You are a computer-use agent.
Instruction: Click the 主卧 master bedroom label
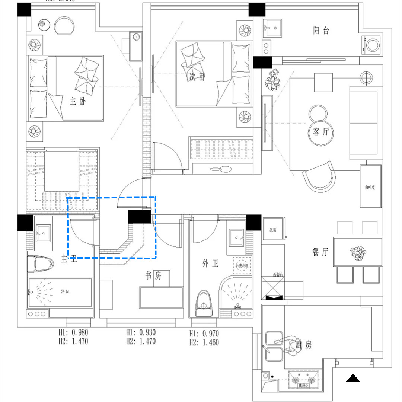tap(77, 101)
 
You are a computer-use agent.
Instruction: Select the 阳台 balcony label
tap(321, 31)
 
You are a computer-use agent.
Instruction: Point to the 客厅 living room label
tap(321, 132)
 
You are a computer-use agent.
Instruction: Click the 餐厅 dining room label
tap(320, 252)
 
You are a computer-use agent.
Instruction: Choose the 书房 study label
tap(153, 276)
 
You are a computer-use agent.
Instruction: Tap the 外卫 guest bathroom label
tap(210, 264)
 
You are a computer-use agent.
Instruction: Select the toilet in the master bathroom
tap(40, 264)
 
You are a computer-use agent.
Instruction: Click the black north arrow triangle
tap(353, 379)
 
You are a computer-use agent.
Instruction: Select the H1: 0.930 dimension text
tap(141, 333)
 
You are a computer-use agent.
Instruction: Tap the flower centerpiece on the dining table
tap(358, 252)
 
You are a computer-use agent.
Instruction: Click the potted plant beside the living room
tap(274, 79)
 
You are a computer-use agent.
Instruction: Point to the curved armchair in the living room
tap(319, 178)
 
